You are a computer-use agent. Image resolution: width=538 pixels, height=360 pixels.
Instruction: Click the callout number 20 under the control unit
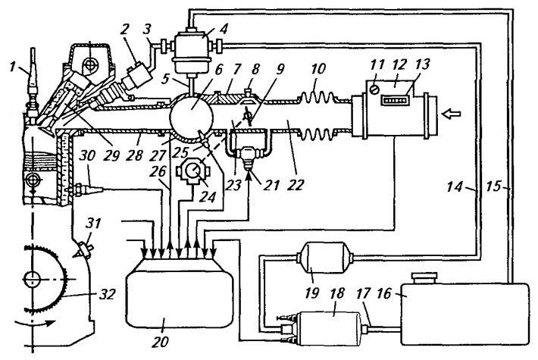pyautogui.click(x=161, y=342)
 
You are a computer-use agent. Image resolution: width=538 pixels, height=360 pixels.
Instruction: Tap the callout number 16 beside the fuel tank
pyautogui.click(x=383, y=293)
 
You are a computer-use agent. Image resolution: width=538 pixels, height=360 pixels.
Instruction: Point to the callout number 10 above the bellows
pyautogui.click(x=317, y=69)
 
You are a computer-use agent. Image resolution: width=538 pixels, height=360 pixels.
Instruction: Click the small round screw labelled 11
pyautogui.click(x=374, y=89)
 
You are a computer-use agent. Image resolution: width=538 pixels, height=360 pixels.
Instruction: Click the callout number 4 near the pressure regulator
pyautogui.click(x=224, y=29)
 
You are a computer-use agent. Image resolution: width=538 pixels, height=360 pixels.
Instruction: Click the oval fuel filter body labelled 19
pyautogui.click(x=325, y=258)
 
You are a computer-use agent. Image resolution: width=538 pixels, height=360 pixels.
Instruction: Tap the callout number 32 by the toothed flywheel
pyautogui.click(x=107, y=294)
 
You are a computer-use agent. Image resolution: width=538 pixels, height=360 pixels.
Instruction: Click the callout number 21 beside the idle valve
pyautogui.click(x=269, y=186)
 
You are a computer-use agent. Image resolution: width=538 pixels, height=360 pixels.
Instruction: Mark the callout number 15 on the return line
pyautogui.click(x=494, y=187)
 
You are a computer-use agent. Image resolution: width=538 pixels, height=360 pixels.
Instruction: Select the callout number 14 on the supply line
pyautogui.click(x=455, y=187)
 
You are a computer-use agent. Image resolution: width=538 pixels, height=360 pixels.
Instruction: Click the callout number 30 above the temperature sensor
pyautogui.click(x=86, y=156)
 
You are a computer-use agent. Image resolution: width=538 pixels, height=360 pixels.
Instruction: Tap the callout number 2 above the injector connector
pyautogui.click(x=124, y=29)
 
